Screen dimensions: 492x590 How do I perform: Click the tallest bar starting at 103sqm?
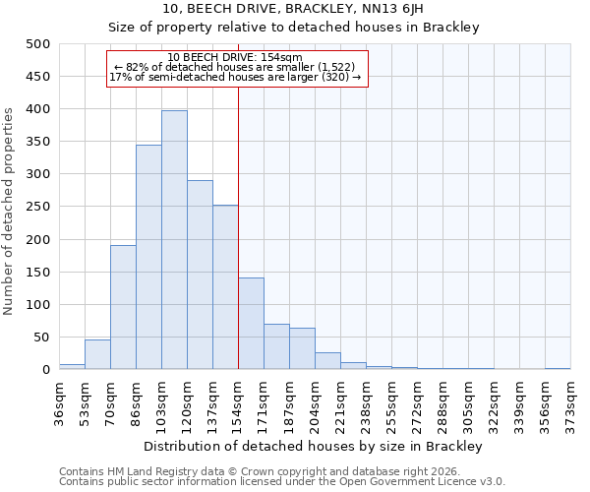(174, 240)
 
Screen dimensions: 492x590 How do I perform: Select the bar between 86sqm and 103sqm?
(148, 257)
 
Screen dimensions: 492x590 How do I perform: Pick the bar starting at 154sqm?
(251, 324)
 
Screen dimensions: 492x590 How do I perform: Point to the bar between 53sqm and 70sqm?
(97, 354)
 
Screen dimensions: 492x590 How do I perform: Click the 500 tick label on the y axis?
(38, 44)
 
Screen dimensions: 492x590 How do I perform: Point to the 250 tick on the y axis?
(38, 207)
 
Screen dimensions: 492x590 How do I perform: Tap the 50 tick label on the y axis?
(42, 338)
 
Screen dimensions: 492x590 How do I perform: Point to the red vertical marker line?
(238, 226)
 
